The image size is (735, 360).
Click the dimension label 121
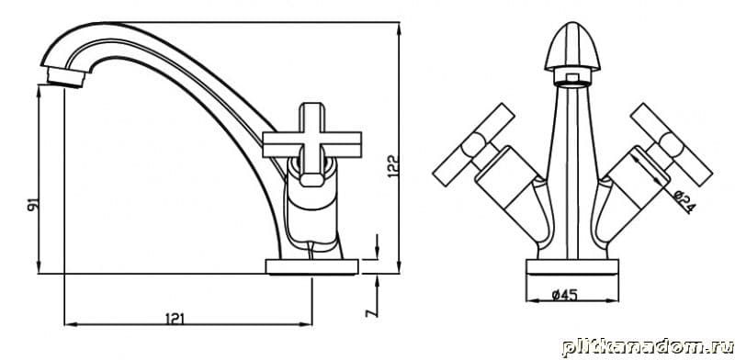point(175,319)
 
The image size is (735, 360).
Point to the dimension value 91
point(33,205)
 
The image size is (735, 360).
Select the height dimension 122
point(394,166)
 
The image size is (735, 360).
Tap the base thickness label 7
point(371,312)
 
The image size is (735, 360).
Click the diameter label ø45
point(564,295)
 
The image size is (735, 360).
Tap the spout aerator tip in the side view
point(66,77)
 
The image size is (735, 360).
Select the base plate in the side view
point(311,266)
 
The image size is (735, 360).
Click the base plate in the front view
point(572,266)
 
